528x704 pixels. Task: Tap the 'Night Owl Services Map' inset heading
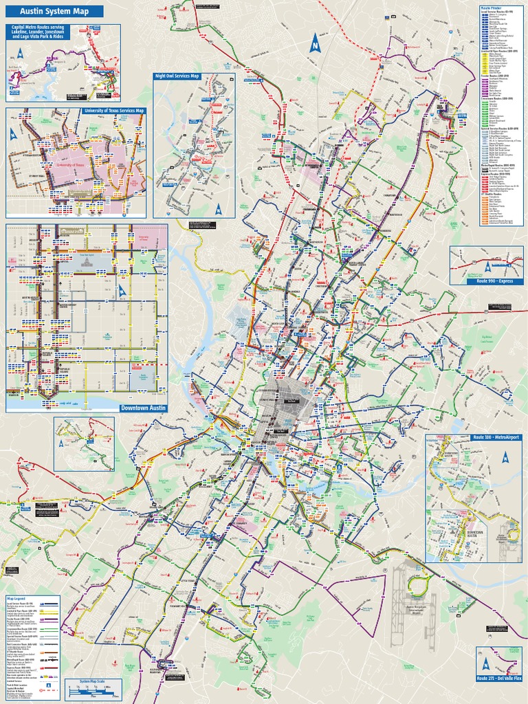coord(177,76)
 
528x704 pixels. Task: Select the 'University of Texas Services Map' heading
coord(114,111)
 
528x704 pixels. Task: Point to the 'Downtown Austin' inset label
coord(143,408)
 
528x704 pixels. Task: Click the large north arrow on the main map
coord(315,43)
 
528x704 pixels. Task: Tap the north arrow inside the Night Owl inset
coord(219,210)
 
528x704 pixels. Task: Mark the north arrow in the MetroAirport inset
coord(505,456)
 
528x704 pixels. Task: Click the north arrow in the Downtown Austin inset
coord(122,291)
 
